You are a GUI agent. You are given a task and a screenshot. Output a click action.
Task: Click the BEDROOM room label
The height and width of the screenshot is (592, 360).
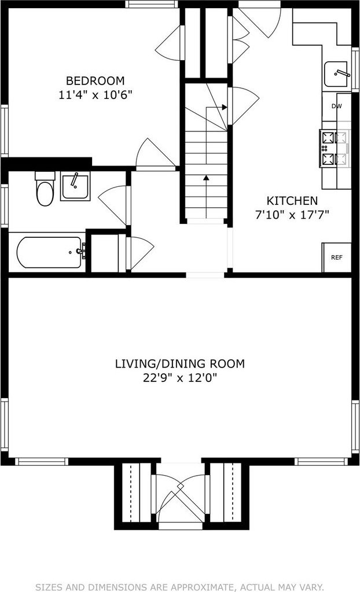click(95, 80)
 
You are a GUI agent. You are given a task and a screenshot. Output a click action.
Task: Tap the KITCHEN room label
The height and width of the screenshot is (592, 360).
click(292, 200)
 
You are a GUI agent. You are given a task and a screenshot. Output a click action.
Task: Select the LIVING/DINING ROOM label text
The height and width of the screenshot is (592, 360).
click(180, 363)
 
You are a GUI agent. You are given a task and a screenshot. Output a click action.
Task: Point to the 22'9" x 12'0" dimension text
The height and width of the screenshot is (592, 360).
click(180, 377)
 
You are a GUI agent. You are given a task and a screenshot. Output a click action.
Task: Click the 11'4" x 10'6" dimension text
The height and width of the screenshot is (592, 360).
click(95, 94)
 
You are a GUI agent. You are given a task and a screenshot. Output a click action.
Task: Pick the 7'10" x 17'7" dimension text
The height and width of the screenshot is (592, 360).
click(292, 215)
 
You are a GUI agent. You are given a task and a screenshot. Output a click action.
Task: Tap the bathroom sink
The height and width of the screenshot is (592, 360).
click(75, 186)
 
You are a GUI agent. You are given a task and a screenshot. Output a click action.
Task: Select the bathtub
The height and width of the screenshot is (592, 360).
click(49, 252)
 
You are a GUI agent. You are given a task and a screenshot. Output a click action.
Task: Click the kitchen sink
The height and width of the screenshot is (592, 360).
click(336, 74)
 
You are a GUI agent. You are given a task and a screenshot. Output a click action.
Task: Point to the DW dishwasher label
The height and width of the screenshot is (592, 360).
click(337, 106)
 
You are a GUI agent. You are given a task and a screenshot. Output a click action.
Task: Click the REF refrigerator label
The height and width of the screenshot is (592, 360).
click(337, 258)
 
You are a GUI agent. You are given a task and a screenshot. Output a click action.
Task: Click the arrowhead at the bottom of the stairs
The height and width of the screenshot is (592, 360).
click(206, 177)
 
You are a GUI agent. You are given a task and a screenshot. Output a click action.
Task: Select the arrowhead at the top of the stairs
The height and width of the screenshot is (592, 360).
click(225, 107)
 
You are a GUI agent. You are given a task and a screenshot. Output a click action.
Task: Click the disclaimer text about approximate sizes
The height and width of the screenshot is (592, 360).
click(180, 587)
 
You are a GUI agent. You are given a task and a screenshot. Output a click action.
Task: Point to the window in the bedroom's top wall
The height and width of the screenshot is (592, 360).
click(152, 4)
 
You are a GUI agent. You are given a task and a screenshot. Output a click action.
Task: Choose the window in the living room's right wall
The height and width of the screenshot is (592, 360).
click(355, 426)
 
